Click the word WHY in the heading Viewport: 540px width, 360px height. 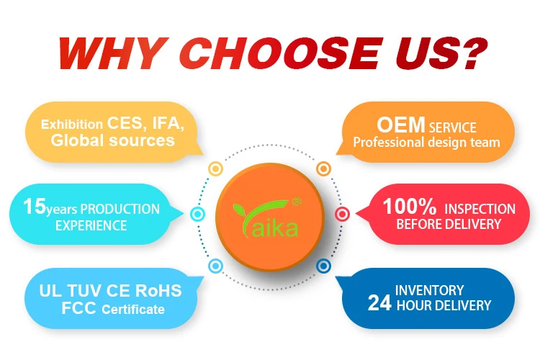114,53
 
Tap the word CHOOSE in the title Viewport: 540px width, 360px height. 281,53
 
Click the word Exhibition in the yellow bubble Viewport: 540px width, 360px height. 71,124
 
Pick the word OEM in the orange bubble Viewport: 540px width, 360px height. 400,125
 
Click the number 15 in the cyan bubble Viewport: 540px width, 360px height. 34,206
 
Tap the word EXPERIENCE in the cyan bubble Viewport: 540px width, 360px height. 91,225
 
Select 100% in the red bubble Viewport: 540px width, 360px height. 410,207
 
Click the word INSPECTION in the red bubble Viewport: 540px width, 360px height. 480,209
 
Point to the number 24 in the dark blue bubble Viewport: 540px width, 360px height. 379,303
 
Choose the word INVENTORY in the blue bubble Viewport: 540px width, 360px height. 429,290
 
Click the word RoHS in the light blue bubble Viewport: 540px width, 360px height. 158,291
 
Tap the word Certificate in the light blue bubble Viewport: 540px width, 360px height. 133,310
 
